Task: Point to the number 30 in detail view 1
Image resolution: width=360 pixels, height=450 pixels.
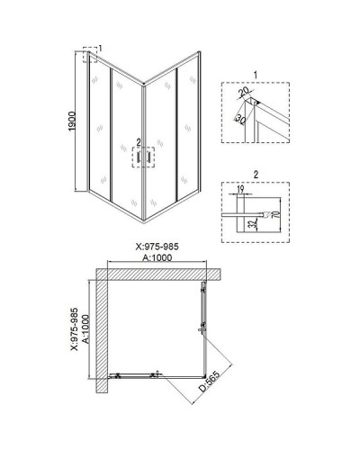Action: (x=240, y=118)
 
